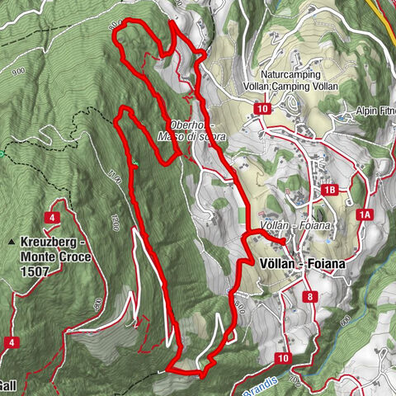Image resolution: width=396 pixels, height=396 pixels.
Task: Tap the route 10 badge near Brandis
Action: [283, 358]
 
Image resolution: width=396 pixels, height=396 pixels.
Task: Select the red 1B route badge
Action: [330, 191]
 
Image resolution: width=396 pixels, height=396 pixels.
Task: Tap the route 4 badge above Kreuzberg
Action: [52, 217]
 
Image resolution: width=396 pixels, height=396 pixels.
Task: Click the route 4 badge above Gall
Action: [12, 342]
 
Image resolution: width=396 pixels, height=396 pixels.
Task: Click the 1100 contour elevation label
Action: [116, 175]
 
